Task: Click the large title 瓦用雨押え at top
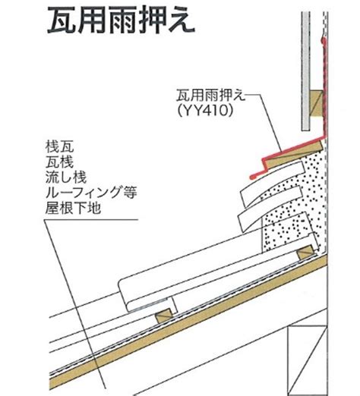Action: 121,20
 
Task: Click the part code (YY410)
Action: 205,111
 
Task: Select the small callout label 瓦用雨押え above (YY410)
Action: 211,96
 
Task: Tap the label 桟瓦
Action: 59,146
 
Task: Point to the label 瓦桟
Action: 59,162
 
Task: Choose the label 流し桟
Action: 66,177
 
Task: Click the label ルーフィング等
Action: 91,193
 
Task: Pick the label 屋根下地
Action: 73,208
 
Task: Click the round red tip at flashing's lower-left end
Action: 252,177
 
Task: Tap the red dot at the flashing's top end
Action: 324,39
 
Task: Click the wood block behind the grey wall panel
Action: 317,103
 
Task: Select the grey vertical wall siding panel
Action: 305,71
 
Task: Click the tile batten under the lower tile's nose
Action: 164,316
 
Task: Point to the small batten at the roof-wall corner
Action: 306,253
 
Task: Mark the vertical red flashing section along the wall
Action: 324,89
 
